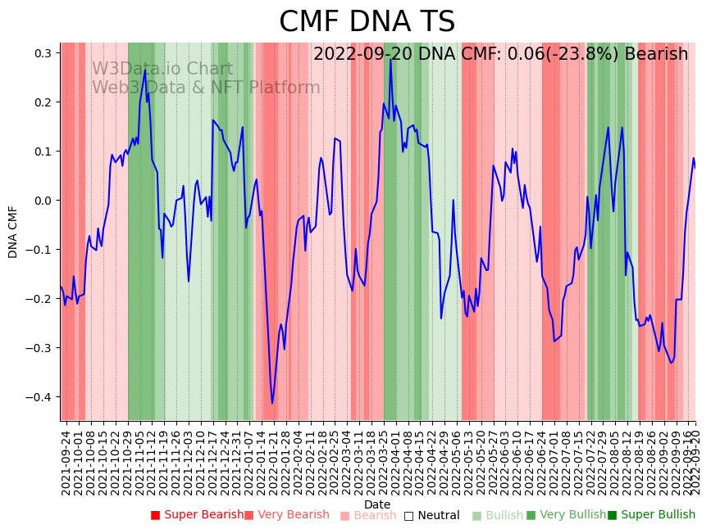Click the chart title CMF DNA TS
pos(367,22)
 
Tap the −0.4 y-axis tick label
pos(40,397)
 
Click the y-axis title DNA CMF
pos(13,232)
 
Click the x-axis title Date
pos(377,504)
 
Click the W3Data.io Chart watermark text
pos(162,69)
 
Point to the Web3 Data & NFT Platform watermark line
pos(206,88)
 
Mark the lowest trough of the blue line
pos(272,403)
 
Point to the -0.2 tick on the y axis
pos(40,299)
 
